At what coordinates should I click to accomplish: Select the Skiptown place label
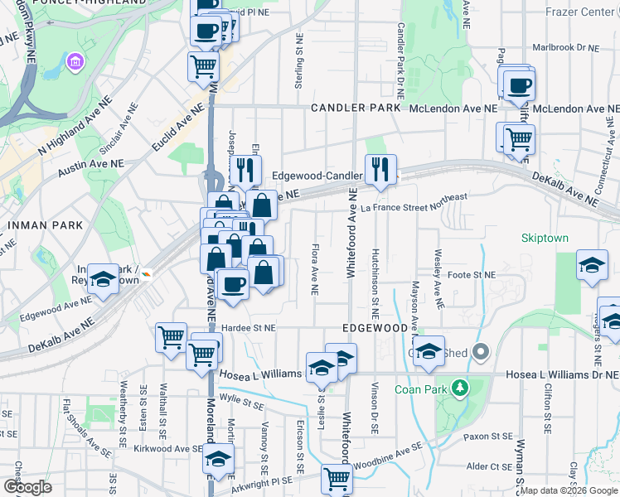545,238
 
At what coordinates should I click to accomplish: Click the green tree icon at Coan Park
458,387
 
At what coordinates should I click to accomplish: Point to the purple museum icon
75,62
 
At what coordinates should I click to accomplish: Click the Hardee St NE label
248,328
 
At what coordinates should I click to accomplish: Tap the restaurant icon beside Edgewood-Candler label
380,170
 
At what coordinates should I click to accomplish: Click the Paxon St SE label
488,436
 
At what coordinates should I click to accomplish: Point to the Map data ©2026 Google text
569,490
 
